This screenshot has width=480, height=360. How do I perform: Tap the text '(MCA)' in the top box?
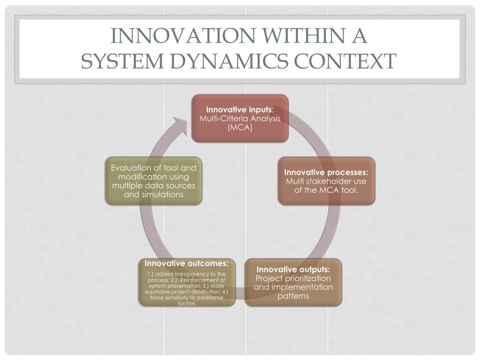(x=240, y=127)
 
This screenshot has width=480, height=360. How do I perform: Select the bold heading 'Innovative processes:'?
(x=326, y=172)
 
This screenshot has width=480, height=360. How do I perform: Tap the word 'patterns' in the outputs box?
(x=293, y=296)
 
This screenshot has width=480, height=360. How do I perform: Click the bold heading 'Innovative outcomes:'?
(x=187, y=263)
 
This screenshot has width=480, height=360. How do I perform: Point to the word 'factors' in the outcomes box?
(x=187, y=304)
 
